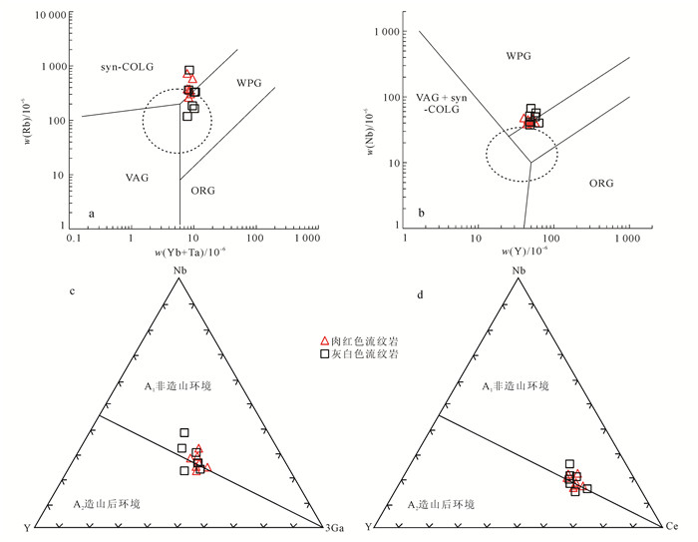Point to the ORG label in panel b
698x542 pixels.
tap(601, 184)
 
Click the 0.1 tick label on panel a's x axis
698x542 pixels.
tap(72, 241)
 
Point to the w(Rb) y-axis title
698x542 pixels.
tap(13, 122)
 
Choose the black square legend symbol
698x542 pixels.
tap(323, 354)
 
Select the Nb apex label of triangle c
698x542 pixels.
tap(178, 270)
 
